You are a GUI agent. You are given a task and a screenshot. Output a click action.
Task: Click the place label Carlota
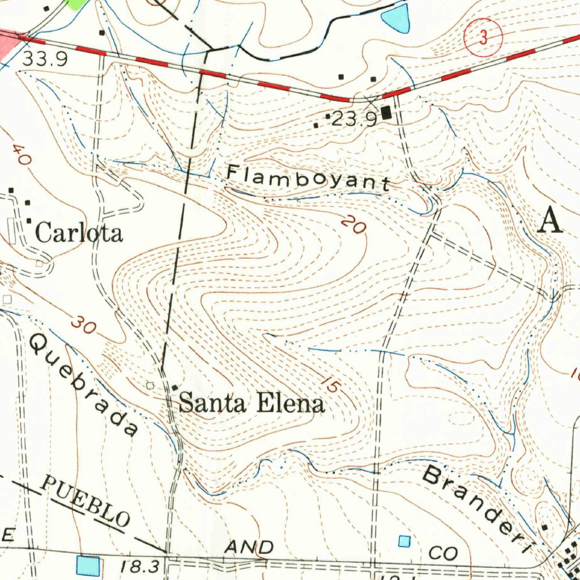[79, 233]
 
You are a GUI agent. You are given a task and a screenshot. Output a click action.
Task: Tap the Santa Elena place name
[251, 403]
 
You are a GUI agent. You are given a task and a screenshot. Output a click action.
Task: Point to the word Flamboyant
[309, 177]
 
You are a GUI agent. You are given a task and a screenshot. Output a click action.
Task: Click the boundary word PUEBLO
[86, 501]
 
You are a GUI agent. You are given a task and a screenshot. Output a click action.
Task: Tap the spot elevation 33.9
[45, 59]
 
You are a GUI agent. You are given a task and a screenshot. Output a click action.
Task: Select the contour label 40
[20, 155]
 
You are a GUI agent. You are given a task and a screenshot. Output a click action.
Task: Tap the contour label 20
[353, 225]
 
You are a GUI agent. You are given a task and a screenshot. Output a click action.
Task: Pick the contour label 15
[329, 384]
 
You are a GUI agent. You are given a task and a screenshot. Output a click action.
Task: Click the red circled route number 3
[483, 38]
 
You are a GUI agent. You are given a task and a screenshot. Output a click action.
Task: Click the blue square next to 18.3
[88, 565]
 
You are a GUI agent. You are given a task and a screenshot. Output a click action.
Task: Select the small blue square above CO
[404, 541]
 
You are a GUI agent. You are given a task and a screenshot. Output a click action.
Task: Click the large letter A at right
[550, 220]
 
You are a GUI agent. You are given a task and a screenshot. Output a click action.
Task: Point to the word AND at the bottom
[249, 547]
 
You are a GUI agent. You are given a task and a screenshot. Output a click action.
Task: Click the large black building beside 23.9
[387, 113]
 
